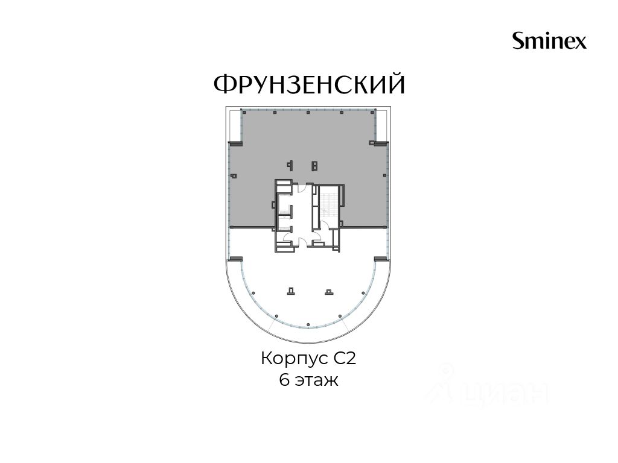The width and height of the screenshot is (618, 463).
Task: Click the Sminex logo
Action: pos(549,40)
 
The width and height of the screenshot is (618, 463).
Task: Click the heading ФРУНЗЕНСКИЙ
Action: pos(310,84)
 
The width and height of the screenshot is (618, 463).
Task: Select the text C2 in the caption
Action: pos(345,359)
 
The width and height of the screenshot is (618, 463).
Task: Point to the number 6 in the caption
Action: pos(284,380)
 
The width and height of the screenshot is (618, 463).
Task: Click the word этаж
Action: pos(316,381)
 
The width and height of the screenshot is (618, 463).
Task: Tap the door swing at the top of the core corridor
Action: pos(302,188)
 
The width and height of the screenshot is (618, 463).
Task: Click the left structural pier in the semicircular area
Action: pos(291,291)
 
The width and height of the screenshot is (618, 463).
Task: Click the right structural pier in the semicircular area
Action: pos(329,291)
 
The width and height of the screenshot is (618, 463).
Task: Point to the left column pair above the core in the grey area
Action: pos(290,165)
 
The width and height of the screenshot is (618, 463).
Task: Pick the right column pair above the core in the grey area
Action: pos(314,165)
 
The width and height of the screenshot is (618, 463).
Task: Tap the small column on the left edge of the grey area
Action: pos(234,176)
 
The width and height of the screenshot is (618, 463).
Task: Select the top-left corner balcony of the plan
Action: pos(235,126)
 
